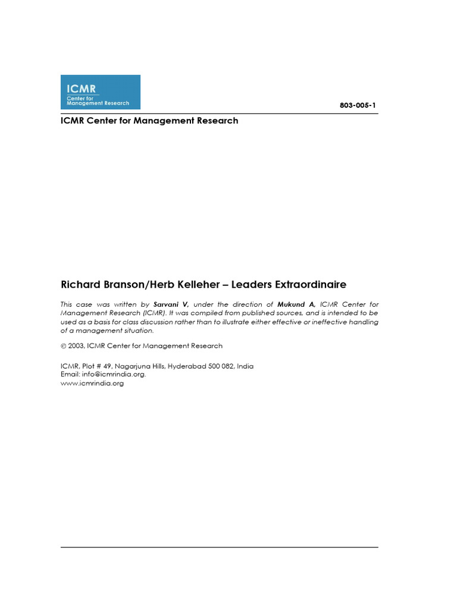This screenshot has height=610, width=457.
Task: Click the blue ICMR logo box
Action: [x=101, y=92]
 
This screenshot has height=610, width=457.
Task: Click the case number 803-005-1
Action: [x=358, y=105]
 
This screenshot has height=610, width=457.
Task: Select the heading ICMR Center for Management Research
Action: [x=149, y=121]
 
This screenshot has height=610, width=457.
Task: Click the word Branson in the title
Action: [x=114, y=285]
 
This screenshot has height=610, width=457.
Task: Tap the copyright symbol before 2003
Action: [x=64, y=346]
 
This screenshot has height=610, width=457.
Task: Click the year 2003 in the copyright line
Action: [x=76, y=346]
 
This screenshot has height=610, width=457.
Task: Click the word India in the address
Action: [x=245, y=366]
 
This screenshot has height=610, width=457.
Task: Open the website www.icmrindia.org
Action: [x=92, y=384]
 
